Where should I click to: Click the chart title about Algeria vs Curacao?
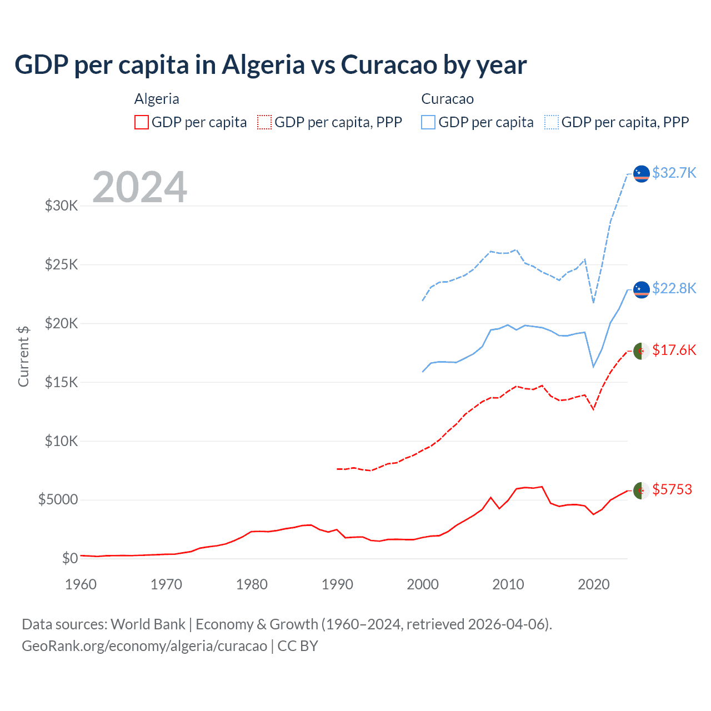pyautogui.click(x=271, y=65)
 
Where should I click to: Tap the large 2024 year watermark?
pyautogui.click(x=139, y=187)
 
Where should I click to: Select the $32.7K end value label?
pyautogui.click(x=674, y=173)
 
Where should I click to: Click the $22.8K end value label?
pyautogui.click(x=674, y=288)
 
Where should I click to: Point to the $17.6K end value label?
pyautogui.click(x=674, y=350)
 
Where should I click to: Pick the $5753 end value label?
pyautogui.click(x=672, y=489)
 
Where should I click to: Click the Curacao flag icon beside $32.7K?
pyautogui.click(x=641, y=173)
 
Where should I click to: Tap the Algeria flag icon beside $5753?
pyautogui.click(x=641, y=490)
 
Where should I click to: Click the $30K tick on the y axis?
pyautogui.click(x=61, y=206)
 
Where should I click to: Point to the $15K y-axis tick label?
pyautogui.click(x=61, y=382)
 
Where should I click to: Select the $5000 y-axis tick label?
pyautogui.click(x=58, y=499)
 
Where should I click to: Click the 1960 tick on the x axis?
pyautogui.click(x=81, y=584)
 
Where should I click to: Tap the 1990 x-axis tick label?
pyautogui.click(x=337, y=584)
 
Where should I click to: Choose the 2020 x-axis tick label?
pyautogui.click(x=594, y=584)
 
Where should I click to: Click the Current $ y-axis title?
pyautogui.click(x=23, y=356)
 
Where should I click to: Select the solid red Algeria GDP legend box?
pyautogui.click(x=142, y=122)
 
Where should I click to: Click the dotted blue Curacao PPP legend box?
pyautogui.click(x=552, y=122)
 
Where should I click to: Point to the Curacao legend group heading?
pyautogui.click(x=447, y=99)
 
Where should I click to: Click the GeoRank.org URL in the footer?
pyautogui.click(x=144, y=646)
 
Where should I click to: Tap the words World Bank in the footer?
pyautogui.click(x=148, y=624)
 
